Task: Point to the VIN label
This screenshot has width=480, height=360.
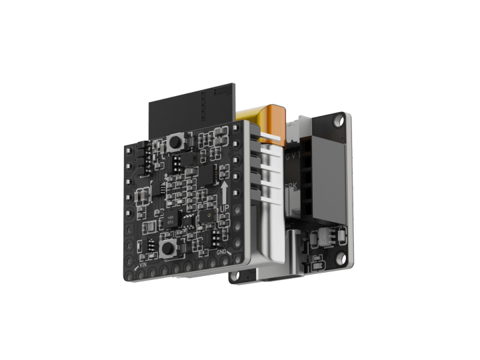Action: pyautogui.click(x=142, y=264)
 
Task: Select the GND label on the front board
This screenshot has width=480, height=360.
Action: pyautogui.click(x=222, y=253)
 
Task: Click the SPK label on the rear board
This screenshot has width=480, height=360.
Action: pyautogui.click(x=291, y=187)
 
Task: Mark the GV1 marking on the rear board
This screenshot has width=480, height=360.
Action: pyautogui.click(x=292, y=157)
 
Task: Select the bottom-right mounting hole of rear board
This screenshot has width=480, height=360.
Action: pyautogui.click(x=342, y=258)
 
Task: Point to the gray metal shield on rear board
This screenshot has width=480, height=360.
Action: pyautogui.click(x=327, y=180)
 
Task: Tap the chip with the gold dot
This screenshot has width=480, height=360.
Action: pyautogui.click(x=206, y=217)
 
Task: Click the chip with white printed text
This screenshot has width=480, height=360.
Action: pyautogui.click(x=172, y=219)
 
